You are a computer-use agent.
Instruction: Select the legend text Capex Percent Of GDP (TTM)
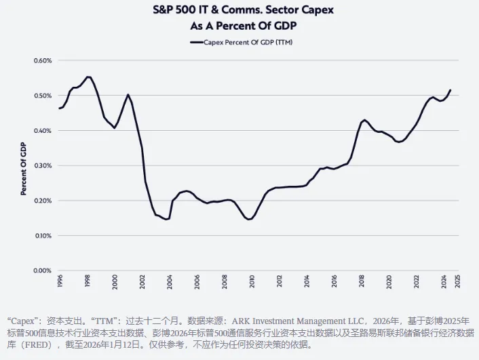(246, 42)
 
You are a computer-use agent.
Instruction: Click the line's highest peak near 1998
(88, 77)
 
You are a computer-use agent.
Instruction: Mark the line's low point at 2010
(250, 219)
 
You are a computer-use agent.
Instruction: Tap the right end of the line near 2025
(451, 90)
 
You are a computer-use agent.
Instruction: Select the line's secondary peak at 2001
(128, 95)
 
